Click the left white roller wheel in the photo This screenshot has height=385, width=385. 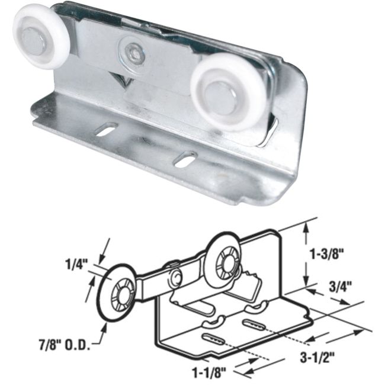tap(36, 36)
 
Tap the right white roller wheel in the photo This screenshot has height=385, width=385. tap(221, 92)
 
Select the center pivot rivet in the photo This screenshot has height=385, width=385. tap(131, 52)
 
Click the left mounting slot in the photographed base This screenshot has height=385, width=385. tap(106, 129)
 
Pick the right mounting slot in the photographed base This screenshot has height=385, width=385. tap(185, 158)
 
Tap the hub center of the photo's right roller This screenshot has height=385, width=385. tap(223, 93)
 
